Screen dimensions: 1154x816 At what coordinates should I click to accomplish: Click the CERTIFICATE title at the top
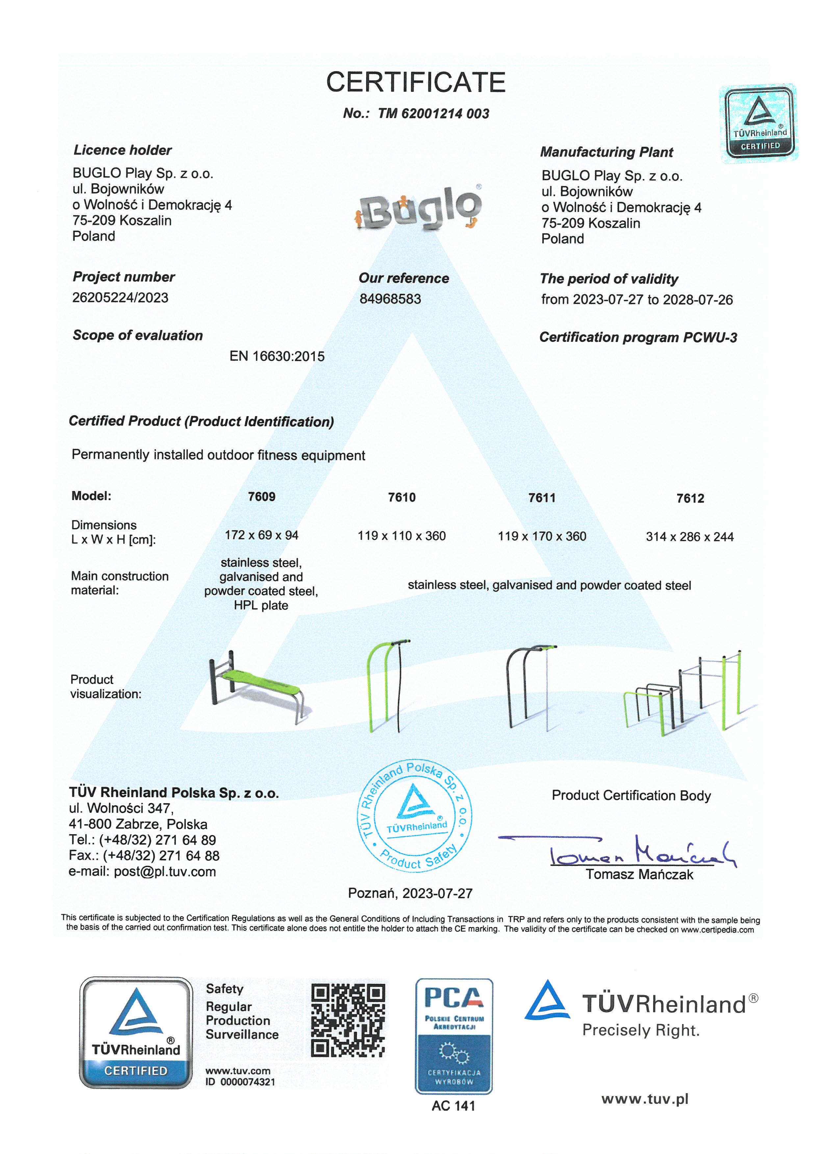[416, 82]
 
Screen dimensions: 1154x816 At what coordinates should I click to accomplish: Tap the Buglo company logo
[419, 208]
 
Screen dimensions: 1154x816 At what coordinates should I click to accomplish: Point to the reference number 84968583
[390, 299]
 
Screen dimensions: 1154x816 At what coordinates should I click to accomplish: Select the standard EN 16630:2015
[277, 356]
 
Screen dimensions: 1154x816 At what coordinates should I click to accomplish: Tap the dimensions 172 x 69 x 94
[261, 535]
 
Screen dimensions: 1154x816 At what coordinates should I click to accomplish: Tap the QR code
[348, 1021]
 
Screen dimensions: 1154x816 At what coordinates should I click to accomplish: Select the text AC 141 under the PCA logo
[453, 1106]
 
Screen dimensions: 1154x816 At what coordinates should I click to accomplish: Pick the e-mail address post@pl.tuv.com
[165, 872]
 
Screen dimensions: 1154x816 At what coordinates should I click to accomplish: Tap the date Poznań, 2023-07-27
[410, 893]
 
